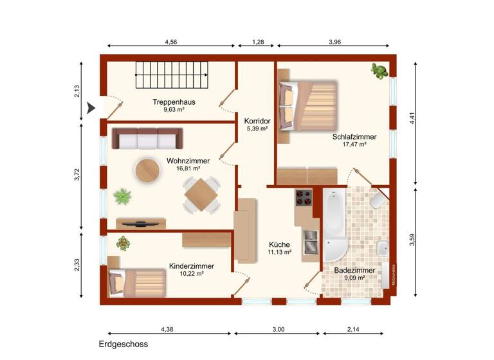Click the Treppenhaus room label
point(174,102)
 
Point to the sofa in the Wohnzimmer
point(147,138)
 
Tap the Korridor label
point(257,120)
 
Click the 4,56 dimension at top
point(171,42)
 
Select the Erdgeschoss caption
point(123,345)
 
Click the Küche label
point(280,245)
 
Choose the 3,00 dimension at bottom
point(278,329)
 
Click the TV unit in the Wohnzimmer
point(141,223)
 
